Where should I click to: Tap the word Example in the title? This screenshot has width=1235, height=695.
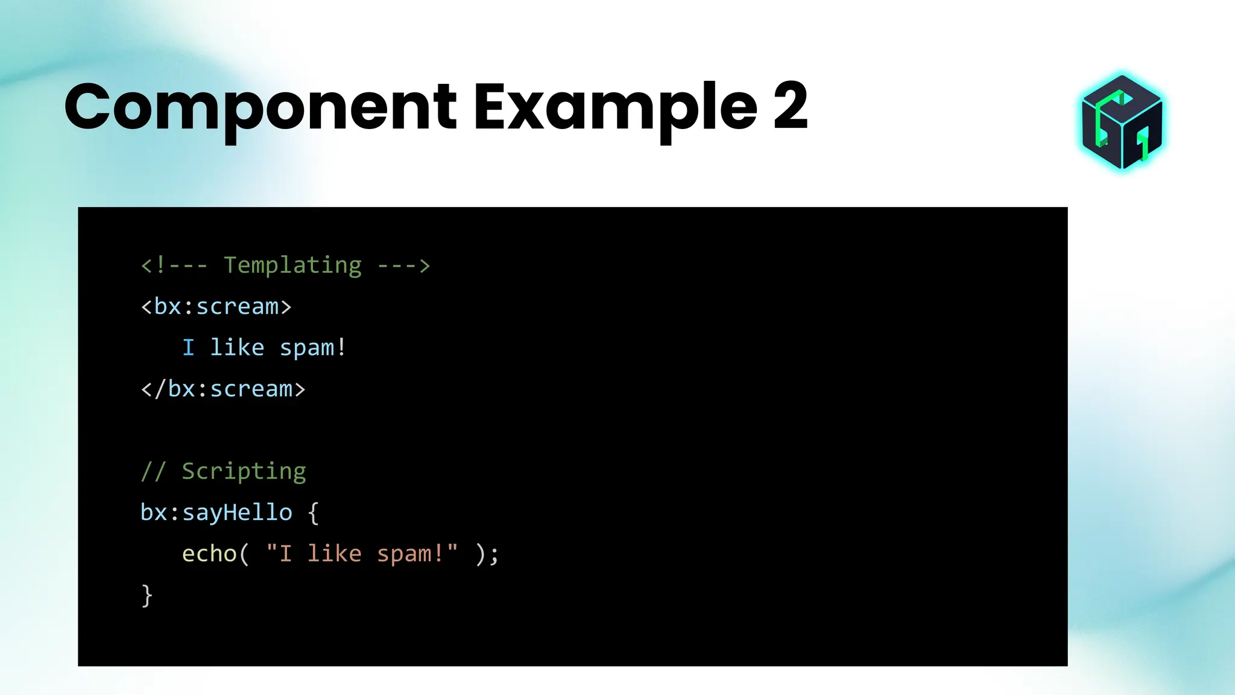tap(615, 109)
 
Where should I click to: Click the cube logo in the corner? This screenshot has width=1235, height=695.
tap(1122, 122)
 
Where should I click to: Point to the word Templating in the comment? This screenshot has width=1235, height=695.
tap(293, 265)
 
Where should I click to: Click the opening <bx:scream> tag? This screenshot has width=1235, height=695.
tap(216, 306)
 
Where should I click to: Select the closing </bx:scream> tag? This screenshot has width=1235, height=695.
tap(223, 389)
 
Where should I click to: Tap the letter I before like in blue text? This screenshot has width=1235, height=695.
tap(188, 348)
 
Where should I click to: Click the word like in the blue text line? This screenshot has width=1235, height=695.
tap(237, 348)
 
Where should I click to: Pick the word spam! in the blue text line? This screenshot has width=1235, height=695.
tap(313, 348)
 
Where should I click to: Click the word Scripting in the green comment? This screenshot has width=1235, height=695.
tap(244, 471)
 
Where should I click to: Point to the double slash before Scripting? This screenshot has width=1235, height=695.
tap(153, 471)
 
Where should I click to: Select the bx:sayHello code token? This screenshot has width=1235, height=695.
tap(216, 513)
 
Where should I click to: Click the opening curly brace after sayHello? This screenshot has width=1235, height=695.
tap(313, 513)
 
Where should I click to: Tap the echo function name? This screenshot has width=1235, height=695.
tap(209, 554)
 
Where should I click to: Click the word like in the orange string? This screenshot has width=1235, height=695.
tap(334, 554)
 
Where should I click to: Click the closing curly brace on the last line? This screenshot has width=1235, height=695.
tap(147, 595)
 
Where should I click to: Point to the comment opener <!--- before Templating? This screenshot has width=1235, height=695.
tap(174, 265)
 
